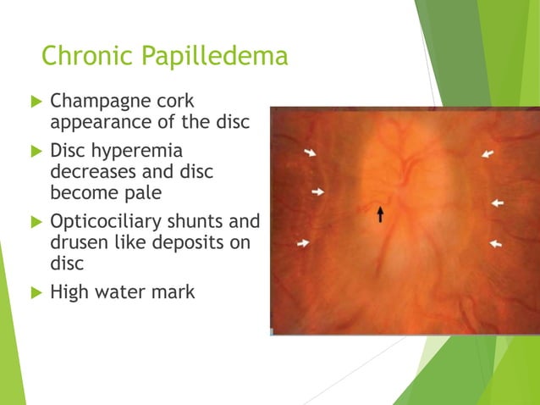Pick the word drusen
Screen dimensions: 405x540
(77, 243)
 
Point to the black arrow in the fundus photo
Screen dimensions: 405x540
(380, 214)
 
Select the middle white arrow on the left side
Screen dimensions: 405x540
(317, 192)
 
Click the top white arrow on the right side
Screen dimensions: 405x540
(488, 154)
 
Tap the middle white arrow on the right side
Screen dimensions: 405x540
(497, 202)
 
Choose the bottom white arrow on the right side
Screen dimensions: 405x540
(495, 243)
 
